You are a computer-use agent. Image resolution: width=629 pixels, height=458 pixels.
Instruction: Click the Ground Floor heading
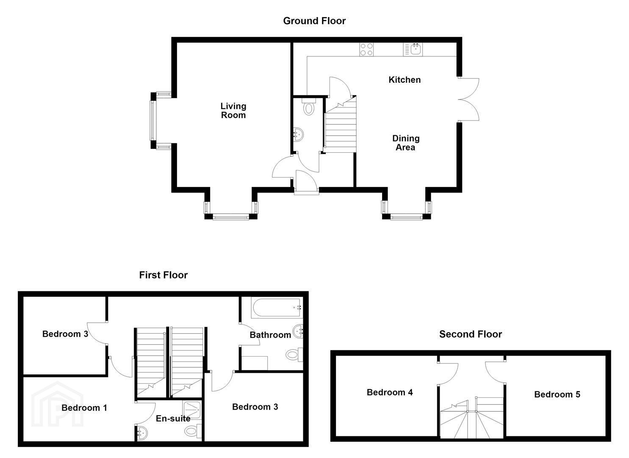pos(314,21)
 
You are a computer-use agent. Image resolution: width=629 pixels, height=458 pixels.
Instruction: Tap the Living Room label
pos(233,111)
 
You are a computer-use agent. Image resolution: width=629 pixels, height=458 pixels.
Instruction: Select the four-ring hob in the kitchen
pos(367,50)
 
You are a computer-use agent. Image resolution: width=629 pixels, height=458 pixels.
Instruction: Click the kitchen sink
pos(413,50)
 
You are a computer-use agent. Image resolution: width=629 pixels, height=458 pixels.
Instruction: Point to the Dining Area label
pos(406,143)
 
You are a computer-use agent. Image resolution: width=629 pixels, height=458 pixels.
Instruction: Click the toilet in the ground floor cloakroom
pos(309,106)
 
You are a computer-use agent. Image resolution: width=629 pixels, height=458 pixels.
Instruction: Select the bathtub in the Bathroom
pos(277,308)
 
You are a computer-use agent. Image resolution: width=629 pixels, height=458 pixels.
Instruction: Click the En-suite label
pos(173,419)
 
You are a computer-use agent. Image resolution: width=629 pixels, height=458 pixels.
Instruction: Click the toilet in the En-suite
pos(194,430)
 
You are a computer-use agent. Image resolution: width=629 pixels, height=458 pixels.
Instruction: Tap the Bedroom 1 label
pos(84,408)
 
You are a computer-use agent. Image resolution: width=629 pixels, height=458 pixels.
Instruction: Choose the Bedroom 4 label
pos(390,392)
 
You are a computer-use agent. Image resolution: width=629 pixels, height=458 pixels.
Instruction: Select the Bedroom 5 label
pos(557,394)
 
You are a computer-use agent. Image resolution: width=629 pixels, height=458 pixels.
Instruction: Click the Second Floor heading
pos(471,334)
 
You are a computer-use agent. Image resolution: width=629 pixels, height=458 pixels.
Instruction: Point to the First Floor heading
pos(163,275)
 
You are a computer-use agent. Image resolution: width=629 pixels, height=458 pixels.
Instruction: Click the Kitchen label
pos(405,80)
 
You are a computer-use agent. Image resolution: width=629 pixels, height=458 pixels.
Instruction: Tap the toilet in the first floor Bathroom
pos(294,355)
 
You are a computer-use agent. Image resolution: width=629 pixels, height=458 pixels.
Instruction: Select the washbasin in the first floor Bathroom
pos(298,332)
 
